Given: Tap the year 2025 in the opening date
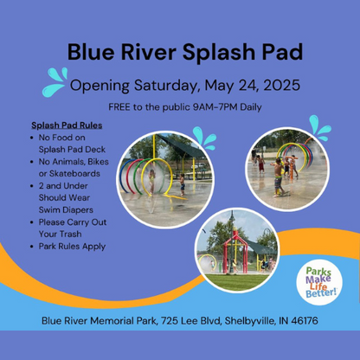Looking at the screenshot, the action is click(x=281, y=85).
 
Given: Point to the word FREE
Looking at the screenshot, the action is click(x=119, y=107).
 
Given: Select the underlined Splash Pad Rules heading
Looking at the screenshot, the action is click(x=67, y=125).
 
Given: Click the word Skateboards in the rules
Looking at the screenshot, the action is click(x=74, y=174).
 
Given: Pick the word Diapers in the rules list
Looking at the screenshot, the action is click(x=78, y=210).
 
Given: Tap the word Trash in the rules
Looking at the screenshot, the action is click(x=71, y=234).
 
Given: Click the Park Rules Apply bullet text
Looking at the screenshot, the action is click(x=72, y=247).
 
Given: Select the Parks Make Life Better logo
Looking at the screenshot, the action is click(x=319, y=282).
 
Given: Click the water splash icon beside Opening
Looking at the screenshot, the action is click(x=55, y=82).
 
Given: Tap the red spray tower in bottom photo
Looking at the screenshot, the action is click(x=235, y=250).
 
